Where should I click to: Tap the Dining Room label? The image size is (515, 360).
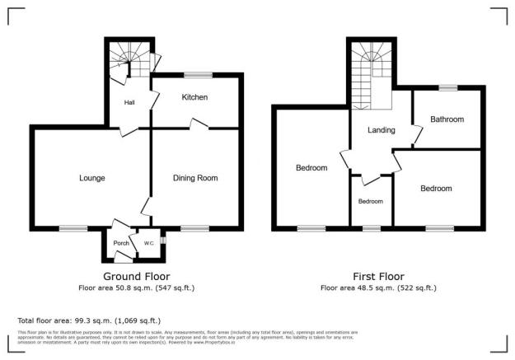[194, 178]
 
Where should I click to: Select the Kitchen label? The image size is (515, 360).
[194, 97]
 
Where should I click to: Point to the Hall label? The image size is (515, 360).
[129, 103]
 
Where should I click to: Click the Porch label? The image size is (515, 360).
[121, 244]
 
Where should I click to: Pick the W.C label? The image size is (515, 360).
[149, 243]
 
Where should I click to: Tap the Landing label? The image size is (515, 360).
[382, 130]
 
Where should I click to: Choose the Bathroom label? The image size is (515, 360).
[447, 119]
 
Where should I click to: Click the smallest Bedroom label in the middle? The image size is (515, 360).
[371, 201]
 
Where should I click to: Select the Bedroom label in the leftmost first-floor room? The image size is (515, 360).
[311, 168]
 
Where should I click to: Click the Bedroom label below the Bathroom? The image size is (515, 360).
[436, 189]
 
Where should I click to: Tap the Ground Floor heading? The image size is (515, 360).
[137, 276]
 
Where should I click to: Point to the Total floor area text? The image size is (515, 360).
[89, 320]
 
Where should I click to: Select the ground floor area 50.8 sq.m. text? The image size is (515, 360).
[137, 288]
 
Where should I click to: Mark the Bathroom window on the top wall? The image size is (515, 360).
[447, 86]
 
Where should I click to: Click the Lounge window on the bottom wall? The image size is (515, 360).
[73, 228]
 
